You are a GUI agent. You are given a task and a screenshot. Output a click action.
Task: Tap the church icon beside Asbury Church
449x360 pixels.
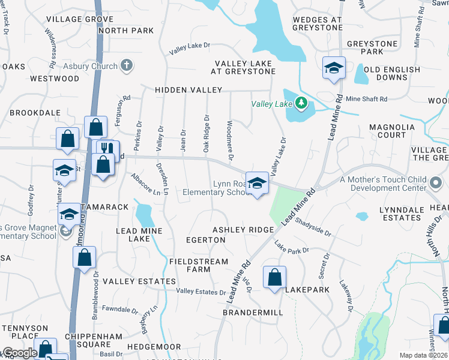tap(127, 65)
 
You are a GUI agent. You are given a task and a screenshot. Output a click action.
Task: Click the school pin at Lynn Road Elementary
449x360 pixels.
tap(257, 184)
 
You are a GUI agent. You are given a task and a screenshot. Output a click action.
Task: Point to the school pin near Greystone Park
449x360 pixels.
tap(333, 69)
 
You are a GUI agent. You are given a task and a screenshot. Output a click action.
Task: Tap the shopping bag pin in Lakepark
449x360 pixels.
tap(274, 278)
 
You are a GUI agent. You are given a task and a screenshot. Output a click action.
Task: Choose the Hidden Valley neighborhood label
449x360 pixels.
tap(188, 89)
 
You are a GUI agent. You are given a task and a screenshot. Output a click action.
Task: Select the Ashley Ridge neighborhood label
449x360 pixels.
tap(243, 230)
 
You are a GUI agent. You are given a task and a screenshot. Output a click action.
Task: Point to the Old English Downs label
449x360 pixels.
tap(392, 74)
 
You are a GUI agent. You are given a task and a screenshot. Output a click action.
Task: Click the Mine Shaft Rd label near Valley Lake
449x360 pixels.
tap(366, 98)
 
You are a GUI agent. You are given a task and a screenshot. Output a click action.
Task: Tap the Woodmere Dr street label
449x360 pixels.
tap(230, 141)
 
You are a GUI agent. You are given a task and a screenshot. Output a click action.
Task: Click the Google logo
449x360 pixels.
tap(19, 353)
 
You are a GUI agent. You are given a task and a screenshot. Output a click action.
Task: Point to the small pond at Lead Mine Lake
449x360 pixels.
tap(144, 213)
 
